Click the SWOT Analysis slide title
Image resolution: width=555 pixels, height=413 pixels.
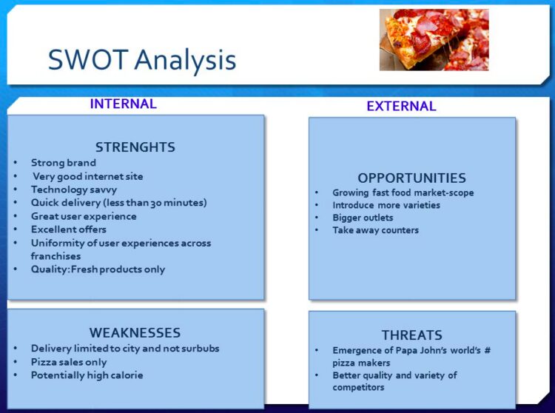(x=142, y=60)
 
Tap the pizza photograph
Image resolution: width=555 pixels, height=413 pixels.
(x=434, y=40)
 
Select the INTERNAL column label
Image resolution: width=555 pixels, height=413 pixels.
(x=123, y=104)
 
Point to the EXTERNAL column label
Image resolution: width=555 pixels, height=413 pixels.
(x=401, y=106)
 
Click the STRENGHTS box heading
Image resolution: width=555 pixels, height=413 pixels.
(x=135, y=147)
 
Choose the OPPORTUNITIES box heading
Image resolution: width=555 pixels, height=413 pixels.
(x=411, y=178)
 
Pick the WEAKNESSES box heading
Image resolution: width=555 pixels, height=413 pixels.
(x=135, y=332)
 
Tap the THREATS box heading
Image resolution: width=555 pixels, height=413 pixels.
(x=412, y=335)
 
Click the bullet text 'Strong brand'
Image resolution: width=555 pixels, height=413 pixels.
(x=64, y=163)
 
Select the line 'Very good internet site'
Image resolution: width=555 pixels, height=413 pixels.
(x=88, y=176)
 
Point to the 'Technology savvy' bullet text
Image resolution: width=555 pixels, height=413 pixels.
(x=74, y=189)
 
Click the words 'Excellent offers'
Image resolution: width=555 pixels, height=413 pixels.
(x=69, y=229)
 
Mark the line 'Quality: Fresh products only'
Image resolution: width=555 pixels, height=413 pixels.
(x=98, y=269)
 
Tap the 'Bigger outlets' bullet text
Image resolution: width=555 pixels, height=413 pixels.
(x=363, y=218)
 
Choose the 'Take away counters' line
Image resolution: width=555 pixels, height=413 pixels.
(x=375, y=230)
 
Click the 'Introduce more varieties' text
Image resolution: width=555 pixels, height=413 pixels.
(x=386, y=205)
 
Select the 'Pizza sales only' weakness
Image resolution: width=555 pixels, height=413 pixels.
(x=69, y=362)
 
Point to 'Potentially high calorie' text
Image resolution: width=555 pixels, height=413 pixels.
(x=87, y=375)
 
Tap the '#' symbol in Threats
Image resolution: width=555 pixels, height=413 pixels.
(x=488, y=350)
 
